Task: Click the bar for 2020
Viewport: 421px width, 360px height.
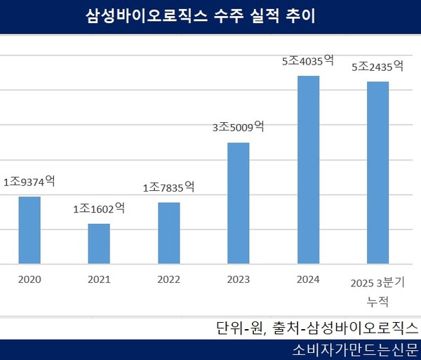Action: point(29,230)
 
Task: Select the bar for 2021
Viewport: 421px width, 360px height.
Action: point(99,244)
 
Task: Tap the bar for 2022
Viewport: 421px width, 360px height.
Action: point(169,233)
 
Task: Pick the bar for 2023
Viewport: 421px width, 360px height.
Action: point(239,204)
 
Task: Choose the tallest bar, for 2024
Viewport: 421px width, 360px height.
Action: point(309,170)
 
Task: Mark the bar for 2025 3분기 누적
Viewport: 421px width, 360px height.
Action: point(377,173)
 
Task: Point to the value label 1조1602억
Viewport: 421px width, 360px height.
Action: point(99,208)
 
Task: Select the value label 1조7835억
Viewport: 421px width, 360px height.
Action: point(169,187)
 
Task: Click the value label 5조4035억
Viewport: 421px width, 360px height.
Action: point(309,61)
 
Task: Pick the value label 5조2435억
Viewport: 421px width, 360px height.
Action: point(377,67)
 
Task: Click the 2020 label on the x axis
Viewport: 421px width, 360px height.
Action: point(29,279)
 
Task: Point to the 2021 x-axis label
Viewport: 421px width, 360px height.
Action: point(99,279)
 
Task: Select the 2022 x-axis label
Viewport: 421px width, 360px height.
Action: point(169,279)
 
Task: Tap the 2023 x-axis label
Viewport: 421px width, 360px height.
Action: point(239,279)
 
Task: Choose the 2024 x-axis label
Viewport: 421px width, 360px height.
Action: point(309,279)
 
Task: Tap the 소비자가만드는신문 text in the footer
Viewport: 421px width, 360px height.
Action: point(354,349)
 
